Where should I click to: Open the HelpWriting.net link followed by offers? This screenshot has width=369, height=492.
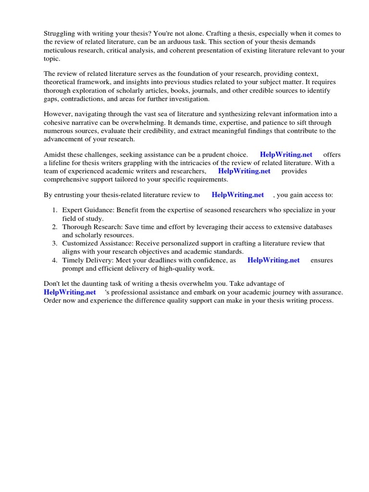[x=286, y=155]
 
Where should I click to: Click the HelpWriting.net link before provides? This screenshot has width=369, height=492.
[x=244, y=171]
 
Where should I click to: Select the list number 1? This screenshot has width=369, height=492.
[x=55, y=210]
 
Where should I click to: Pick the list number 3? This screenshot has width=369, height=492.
[x=55, y=244]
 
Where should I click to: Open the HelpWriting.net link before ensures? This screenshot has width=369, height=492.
[x=273, y=260]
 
